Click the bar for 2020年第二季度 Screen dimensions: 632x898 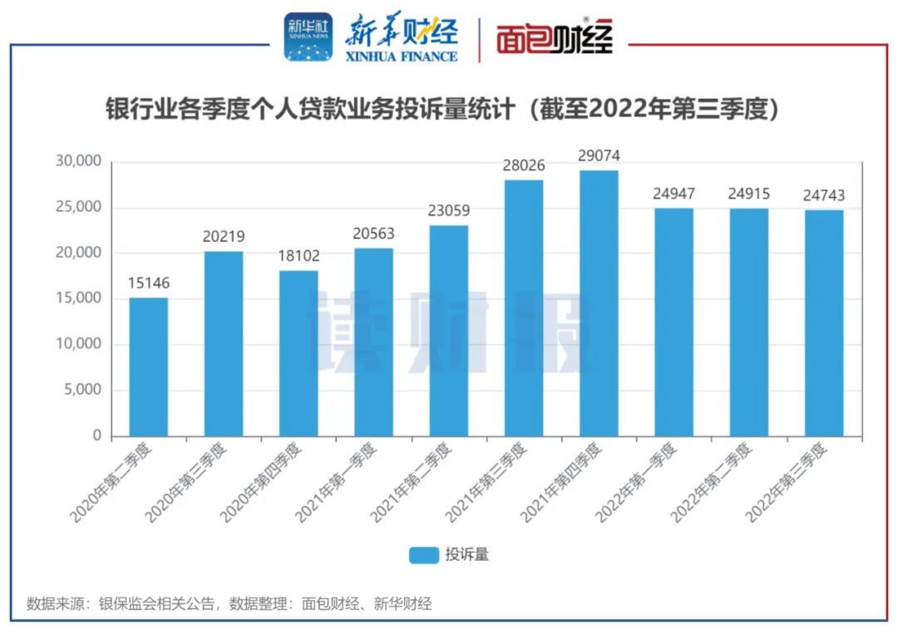pos(148,367)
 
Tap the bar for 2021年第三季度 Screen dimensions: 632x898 pos(524,308)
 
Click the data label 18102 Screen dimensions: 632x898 pos(299,256)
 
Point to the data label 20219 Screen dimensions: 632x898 pos(224,237)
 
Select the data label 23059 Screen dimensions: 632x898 pos(449,211)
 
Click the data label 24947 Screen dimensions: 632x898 pos(673,194)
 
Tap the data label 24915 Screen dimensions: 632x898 pos(748,194)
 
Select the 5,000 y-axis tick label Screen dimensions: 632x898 pos(84,390)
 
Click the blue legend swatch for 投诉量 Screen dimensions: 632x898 pos(423,555)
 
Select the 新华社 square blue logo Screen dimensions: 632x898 pos(308,37)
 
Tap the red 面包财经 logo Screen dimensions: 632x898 pos(555,37)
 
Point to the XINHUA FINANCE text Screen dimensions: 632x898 pos(402,56)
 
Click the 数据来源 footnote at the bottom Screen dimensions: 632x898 pos(229,604)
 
